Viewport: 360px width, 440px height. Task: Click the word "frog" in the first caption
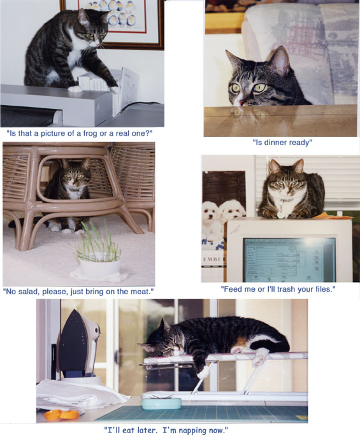pyautogui.click(x=90, y=133)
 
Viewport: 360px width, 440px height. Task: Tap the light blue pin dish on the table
pyautogui.click(x=161, y=403)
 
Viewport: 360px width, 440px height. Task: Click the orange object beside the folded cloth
pyautogui.click(x=62, y=415)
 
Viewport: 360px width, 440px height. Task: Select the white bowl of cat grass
pyautogui.click(x=99, y=268)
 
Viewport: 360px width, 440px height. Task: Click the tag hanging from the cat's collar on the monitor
pyautogui.click(x=281, y=215)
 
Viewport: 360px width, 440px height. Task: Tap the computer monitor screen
pyautogui.click(x=289, y=260)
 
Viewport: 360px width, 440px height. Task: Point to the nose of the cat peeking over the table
pyautogui.click(x=240, y=103)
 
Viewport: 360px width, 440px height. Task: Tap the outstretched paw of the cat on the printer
pyautogui.click(x=114, y=89)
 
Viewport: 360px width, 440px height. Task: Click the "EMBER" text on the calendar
pyautogui.click(x=214, y=259)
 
